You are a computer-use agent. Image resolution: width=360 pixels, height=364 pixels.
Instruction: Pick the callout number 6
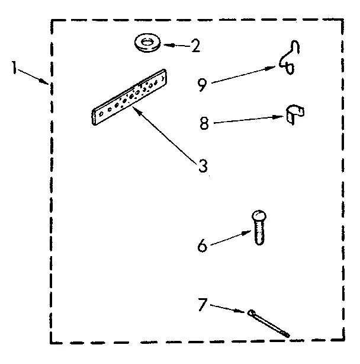tap(202, 245)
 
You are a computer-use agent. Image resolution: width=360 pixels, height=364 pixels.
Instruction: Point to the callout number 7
tap(202, 306)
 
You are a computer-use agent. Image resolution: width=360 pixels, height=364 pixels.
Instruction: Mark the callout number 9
tap(202, 85)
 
